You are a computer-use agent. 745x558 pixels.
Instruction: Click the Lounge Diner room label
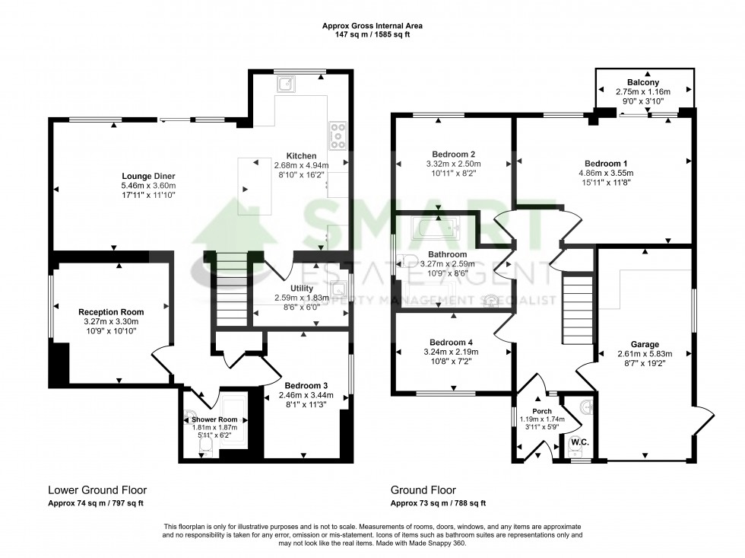tap(147, 176)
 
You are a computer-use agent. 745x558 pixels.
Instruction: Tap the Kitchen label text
tap(300, 155)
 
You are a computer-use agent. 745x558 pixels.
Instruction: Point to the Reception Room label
tap(111, 312)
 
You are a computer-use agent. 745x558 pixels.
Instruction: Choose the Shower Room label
tap(214, 419)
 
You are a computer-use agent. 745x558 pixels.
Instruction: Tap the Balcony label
tap(643, 82)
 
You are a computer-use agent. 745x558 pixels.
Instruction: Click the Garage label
tap(645, 344)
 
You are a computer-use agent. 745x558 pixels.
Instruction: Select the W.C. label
tap(580, 442)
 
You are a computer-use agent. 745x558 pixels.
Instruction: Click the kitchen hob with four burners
tap(337, 136)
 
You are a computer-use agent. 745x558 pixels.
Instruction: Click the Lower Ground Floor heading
tap(97, 490)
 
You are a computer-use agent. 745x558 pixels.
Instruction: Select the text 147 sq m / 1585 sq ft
tap(372, 34)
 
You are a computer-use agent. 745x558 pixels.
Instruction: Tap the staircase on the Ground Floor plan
tap(576, 310)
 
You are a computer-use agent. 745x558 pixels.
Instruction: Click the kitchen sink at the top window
tap(288, 84)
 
